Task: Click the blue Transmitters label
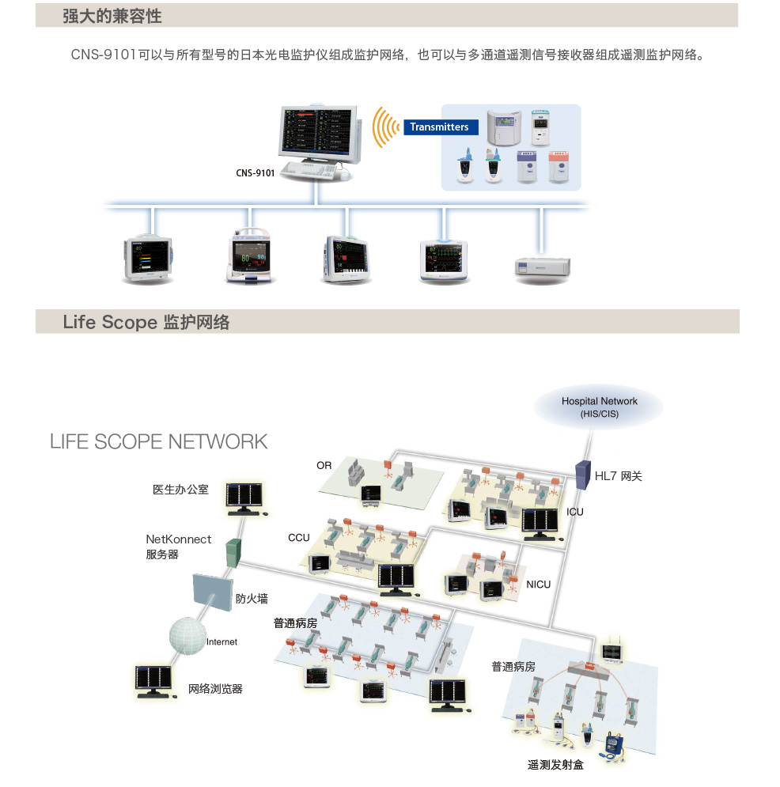click(x=439, y=127)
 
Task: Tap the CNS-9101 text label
click(x=256, y=172)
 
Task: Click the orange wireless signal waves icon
click(x=386, y=127)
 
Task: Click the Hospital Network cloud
click(x=599, y=407)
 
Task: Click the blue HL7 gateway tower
click(x=583, y=473)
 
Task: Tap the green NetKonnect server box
click(x=233, y=551)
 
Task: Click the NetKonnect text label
click(x=179, y=539)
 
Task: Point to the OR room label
click(x=324, y=466)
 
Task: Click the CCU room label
click(x=299, y=538)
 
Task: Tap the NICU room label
click(x=538, y=585)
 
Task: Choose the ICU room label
click(x=575, y=512)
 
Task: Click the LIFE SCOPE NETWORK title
click(x=159, y=441)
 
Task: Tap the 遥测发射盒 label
click(x=555, y=765)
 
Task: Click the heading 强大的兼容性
click(x=112, y=16)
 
